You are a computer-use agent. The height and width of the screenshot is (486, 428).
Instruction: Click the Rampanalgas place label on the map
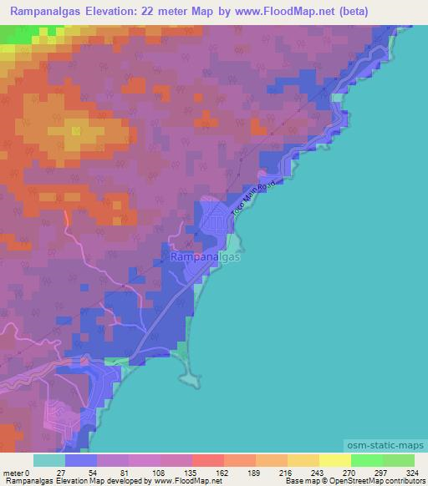(x=206, y=258)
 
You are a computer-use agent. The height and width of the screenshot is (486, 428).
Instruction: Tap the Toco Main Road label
(x=252, y=200)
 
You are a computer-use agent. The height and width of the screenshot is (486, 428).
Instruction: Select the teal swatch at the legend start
(x=49, y=460)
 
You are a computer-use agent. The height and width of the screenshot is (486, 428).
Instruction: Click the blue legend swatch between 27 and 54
(x=81, y=460)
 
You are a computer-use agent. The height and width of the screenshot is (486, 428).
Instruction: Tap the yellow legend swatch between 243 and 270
(x=334, y=460)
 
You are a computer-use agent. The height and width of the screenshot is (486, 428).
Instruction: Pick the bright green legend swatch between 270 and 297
(x=366, y=460)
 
